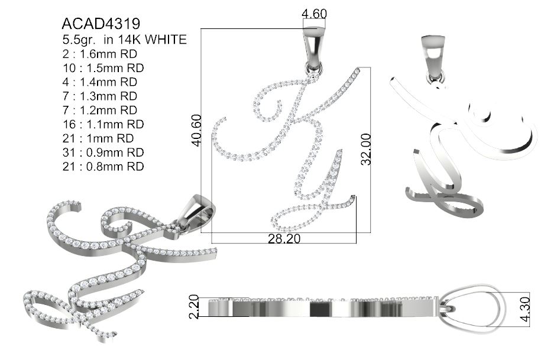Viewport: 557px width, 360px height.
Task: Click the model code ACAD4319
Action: tap(101, 24)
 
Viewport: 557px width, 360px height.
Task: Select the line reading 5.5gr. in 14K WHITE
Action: tap(124, 40)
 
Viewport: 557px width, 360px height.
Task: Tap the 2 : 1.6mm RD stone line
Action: tap(100, 54)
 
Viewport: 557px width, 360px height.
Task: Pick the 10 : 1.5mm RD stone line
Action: tap(103, 68)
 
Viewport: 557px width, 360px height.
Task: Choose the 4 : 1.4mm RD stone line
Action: tap(100, 82)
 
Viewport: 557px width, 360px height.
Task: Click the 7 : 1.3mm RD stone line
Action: tap(100, 96)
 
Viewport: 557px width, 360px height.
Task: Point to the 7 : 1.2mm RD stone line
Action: tap(100, 111)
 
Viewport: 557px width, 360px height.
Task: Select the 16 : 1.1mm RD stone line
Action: tap(103, 124)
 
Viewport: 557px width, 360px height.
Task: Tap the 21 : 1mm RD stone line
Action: tap(98, 138)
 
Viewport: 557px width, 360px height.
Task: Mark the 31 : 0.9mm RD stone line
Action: tap(103, 153)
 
